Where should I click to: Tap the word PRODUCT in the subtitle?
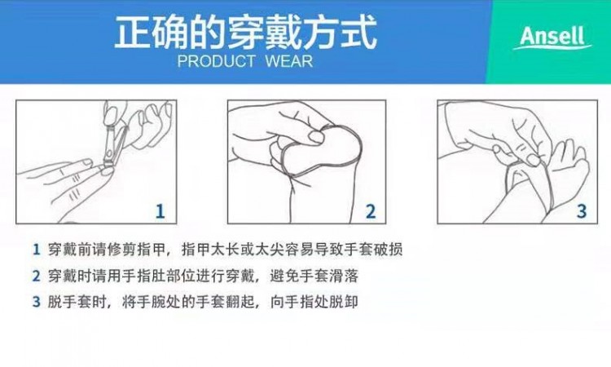click(x=216, y=62)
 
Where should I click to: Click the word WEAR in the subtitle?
click(x=288, y=62)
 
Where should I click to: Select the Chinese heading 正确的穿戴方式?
click(x=245, y=32)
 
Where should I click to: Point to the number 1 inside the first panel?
click(x=160, y=211)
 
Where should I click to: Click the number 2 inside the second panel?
click(x=371, y=211)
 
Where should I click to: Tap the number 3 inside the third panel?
click(x=582, y=211)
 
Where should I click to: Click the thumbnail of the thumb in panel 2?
click(x=316, y=137)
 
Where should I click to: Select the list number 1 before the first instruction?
click(x=36, y=250)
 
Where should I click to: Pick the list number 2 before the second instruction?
click(x=36, y=276)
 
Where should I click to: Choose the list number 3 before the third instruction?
click(x=36, y=302)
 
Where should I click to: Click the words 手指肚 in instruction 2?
click(x=143, y=276)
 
